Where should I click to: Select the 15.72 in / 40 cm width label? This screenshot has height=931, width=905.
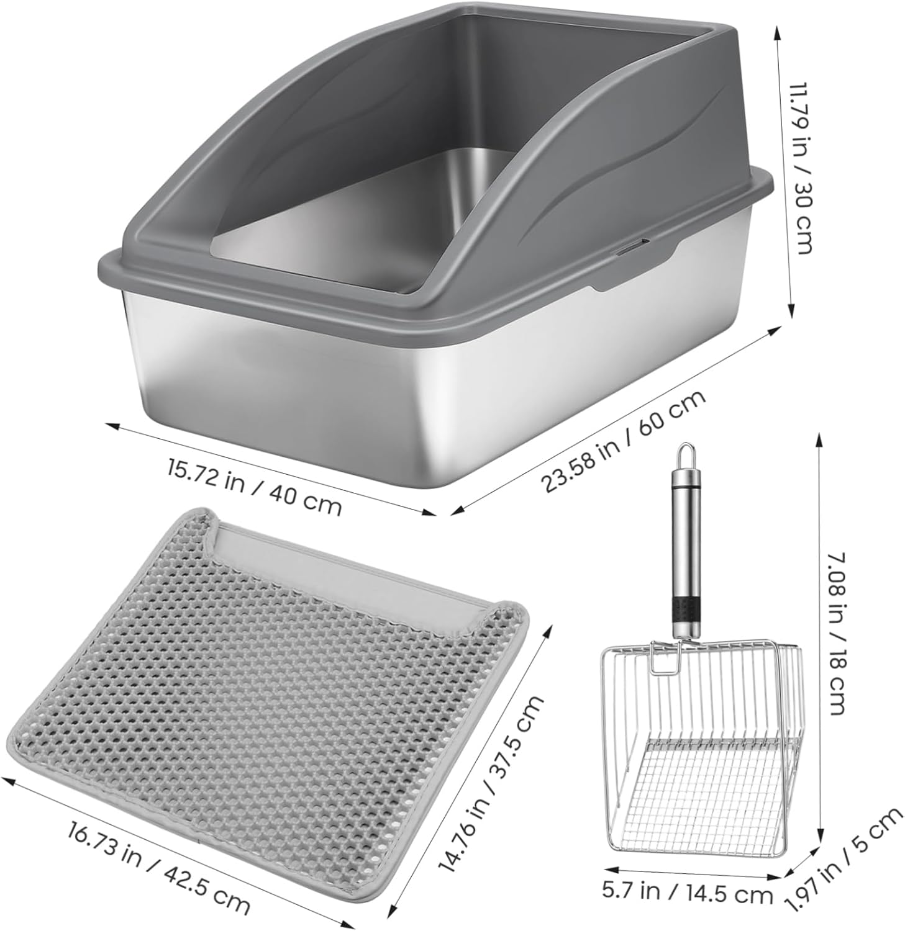(254, 487)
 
